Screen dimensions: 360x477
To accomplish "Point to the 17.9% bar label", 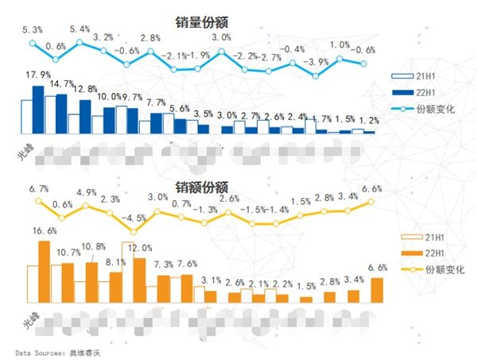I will click(x=37, y=75).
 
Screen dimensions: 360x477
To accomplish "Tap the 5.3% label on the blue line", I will click(x=33, y=29).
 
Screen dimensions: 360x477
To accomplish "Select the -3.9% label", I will click(x=317, y=62).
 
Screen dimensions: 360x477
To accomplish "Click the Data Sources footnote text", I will click(x=60, y=350).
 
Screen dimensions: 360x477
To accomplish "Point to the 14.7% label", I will click(x=61, y=83).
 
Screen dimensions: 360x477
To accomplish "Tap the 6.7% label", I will click(x=39, y=189).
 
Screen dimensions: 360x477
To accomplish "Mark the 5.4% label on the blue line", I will click(x=79, y=29).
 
